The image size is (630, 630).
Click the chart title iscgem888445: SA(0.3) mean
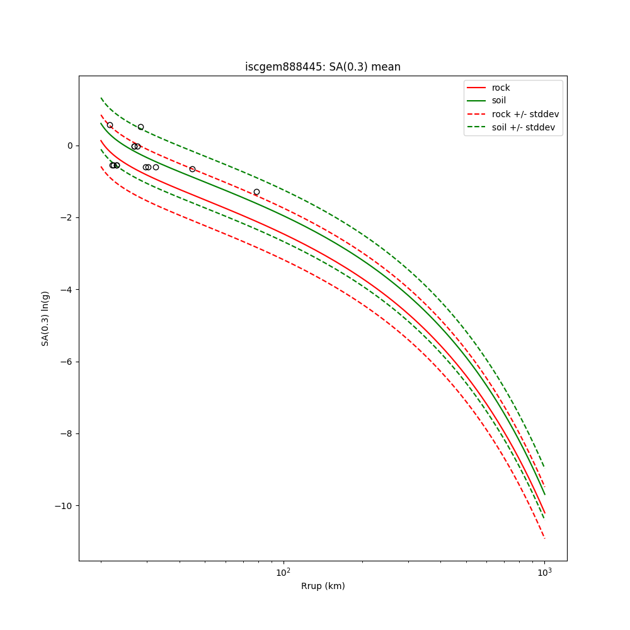(323, 67)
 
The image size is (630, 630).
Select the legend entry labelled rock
(501, 88)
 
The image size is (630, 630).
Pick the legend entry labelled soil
(498, 101)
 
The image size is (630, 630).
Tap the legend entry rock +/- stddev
(525, 114)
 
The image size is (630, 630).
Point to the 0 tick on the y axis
(70, 146)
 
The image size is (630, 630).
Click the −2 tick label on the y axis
(67, 217)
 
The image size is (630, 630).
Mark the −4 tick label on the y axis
(67, 290)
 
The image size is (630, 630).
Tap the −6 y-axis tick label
(67, 362)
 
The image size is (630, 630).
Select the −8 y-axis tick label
(67, 433)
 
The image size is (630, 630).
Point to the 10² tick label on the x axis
(283, 573)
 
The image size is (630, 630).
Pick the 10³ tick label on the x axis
(544, 573)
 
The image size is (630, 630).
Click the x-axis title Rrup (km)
(323, 586)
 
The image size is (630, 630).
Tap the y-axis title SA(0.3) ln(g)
(45, 318)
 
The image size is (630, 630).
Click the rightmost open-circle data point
(256, 192)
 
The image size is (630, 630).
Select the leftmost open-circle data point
(110, 125)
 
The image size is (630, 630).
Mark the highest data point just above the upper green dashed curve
(140, 127)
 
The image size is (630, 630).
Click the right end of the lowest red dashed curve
(544, 538)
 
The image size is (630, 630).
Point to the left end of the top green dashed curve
(101, 98)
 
